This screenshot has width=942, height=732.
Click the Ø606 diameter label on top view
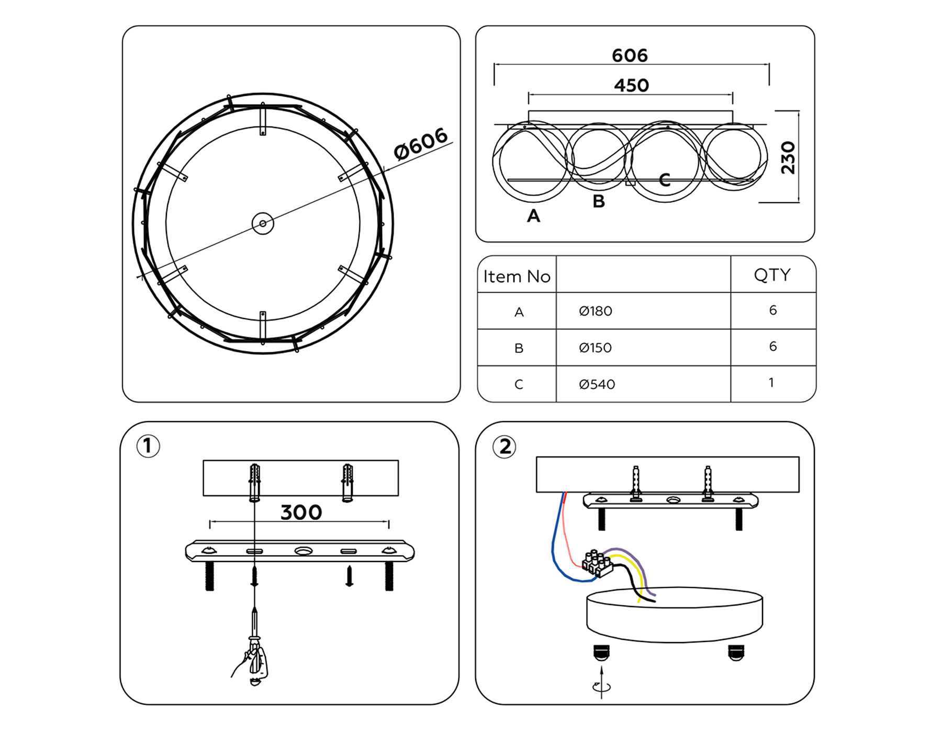[x=420, y=143]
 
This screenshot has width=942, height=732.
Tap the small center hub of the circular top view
[x=263, y=223]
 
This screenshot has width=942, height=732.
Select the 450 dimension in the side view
[x=631, y=85]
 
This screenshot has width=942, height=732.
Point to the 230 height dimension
[x=788, y=157]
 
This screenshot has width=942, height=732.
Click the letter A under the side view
[x=533, y=215]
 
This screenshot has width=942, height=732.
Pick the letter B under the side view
[x=599, y=201]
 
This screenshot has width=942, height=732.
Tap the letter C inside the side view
[x=665, y=180]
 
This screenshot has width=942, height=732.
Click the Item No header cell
[x=517, y=276]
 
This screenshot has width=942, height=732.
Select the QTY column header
[x=772, y=274]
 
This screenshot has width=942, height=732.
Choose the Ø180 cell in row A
[x=596, y=311]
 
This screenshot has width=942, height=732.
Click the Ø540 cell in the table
[x=597, y=384]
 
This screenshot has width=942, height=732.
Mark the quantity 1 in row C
[x=771, y=383]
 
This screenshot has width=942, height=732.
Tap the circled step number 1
[x=148, y=446]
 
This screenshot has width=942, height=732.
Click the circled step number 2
[x=504, y=447]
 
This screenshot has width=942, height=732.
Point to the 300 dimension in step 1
[x=301, y=512]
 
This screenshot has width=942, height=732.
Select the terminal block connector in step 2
[x=597, y=564]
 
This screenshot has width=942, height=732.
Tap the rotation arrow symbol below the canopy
[x=601, y=687]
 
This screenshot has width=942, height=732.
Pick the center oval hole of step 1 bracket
[x=303, y=551]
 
